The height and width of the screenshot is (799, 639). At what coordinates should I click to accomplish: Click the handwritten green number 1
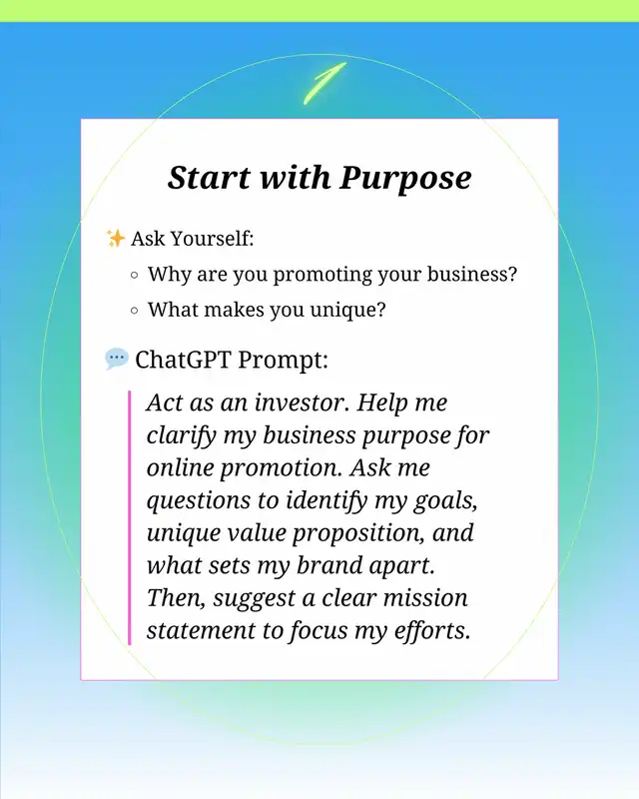coord(324,83)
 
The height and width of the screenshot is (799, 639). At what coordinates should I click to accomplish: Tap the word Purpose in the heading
coord(405,179)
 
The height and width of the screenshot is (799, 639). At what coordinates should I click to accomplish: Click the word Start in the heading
coord(210,178)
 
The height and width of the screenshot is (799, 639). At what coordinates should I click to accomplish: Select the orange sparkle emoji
coord(115,238)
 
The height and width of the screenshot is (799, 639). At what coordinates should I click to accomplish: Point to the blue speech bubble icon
coord(117,359)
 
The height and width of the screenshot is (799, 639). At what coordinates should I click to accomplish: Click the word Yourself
coord(212,239)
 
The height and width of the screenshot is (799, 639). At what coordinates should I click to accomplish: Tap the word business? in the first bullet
coord(472,274)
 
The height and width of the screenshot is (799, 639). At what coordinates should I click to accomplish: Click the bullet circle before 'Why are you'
coord(135,276)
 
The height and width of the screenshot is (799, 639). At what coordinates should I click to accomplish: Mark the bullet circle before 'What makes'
coord(135,311)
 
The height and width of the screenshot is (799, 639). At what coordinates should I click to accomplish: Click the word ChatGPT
coord(183,360)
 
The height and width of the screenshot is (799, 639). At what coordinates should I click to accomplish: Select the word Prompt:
coord(283,361)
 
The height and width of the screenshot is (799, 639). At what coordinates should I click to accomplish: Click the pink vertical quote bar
coord(130,517)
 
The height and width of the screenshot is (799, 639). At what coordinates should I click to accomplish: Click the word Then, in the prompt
coord(176,598)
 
